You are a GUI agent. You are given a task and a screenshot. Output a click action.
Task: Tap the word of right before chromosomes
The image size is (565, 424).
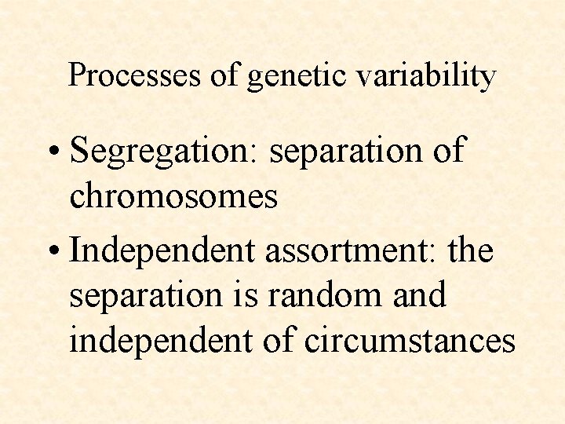pos(447,150)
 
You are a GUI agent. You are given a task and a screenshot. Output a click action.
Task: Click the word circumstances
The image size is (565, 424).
pos(410,341)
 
